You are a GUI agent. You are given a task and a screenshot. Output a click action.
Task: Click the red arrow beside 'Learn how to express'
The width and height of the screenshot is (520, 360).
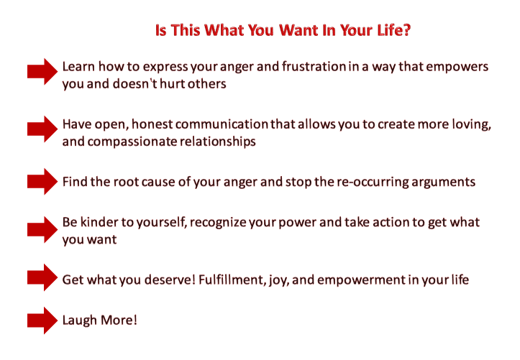pos(42,72)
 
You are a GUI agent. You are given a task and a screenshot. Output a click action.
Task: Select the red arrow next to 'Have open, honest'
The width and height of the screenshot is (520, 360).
pos(42,129)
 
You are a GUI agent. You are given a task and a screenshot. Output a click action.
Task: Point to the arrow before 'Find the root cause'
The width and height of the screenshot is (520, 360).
pos(42,182)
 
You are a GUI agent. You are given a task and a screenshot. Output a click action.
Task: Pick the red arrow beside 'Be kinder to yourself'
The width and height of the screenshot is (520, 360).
pos(42,229)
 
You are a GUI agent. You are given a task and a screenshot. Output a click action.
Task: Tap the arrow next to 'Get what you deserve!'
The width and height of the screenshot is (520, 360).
pos(42,277)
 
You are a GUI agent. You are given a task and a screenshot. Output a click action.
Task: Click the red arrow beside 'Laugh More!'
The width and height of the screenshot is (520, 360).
pos(42,320)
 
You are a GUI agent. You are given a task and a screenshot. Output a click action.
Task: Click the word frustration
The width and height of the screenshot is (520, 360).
pos(314,67)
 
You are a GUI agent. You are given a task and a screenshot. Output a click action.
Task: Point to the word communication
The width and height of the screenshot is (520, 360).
pos(222,124)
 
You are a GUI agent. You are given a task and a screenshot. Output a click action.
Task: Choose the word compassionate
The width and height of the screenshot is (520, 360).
pos(132,142)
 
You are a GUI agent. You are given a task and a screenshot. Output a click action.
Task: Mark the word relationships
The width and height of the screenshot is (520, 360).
pos(217,142)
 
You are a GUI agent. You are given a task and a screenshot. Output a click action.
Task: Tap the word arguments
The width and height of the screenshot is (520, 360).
pos(443,183)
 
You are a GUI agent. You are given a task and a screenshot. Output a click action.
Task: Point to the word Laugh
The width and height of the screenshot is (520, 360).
pos(80,320)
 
